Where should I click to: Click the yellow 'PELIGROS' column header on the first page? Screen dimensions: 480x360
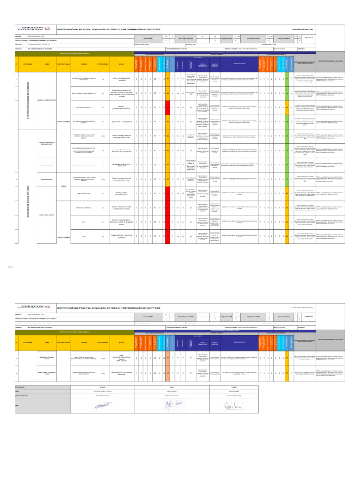pos(83,64)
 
